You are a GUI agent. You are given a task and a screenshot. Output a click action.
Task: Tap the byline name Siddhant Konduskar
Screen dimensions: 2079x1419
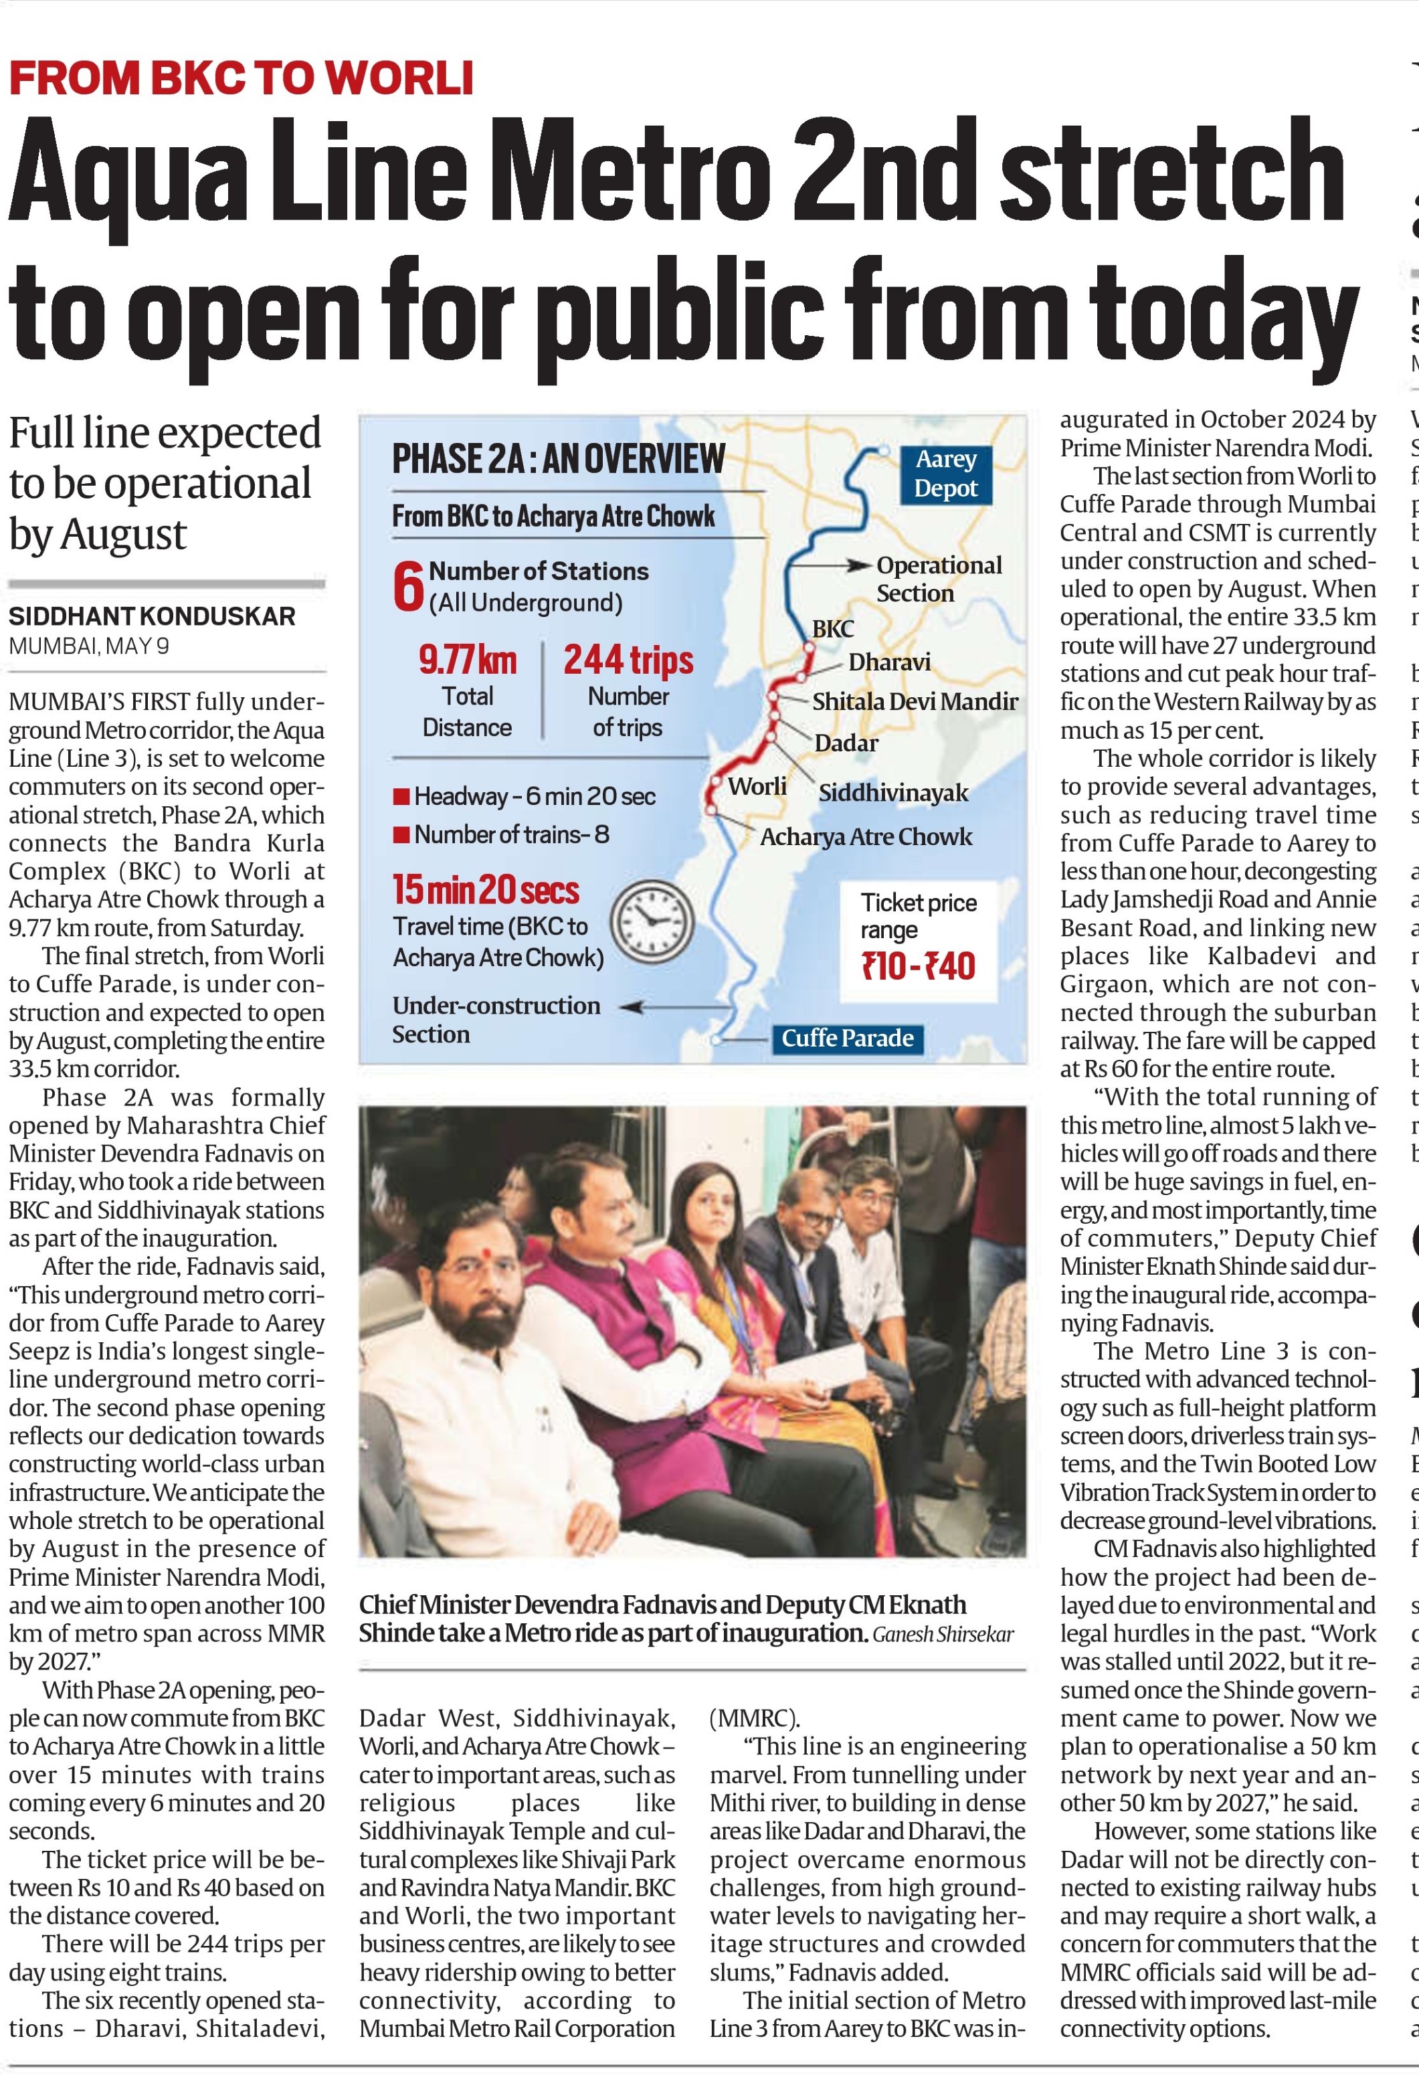(x=152, y=616)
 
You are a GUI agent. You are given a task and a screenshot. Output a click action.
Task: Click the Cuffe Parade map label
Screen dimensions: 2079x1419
(x=847, y=1038)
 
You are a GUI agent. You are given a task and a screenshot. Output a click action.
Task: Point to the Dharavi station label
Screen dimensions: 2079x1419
(x=888, y=662)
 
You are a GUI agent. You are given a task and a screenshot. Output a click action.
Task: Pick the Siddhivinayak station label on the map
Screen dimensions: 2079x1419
(x=893, y=793)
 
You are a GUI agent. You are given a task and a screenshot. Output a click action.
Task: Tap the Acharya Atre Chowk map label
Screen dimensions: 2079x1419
(x=865, y=836)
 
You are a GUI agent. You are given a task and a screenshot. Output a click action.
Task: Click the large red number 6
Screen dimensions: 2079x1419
(x=408, y=587)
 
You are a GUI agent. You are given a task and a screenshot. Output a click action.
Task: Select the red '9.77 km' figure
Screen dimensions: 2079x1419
(x=467, y=660)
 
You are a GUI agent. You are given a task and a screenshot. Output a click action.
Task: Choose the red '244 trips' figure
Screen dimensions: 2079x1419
(x=628, y=660)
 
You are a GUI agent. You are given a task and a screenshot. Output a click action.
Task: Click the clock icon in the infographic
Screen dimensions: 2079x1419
(x=652, y=921)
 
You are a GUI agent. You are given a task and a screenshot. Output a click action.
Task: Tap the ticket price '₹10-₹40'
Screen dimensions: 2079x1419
(x=918, y=966)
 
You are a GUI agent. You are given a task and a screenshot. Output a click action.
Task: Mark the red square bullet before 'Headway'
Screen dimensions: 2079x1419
(x=401, y=796)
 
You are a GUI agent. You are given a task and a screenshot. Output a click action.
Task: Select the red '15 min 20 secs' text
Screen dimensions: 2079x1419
(x=486, y=889)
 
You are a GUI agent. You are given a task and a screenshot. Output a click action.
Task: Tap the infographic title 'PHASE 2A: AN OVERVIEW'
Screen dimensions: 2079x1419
(x=558, y=459)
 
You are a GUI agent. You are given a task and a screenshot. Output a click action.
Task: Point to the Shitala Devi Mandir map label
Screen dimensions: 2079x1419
(x=915, y=701)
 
